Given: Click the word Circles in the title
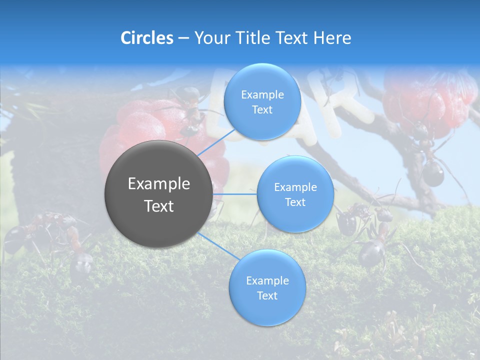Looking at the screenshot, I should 146,38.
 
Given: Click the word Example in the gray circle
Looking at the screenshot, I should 159,184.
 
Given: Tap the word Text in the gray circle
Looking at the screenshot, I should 159,206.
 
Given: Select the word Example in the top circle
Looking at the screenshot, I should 262,95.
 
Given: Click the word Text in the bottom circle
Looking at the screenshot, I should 267,295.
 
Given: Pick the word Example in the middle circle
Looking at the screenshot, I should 295,187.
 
